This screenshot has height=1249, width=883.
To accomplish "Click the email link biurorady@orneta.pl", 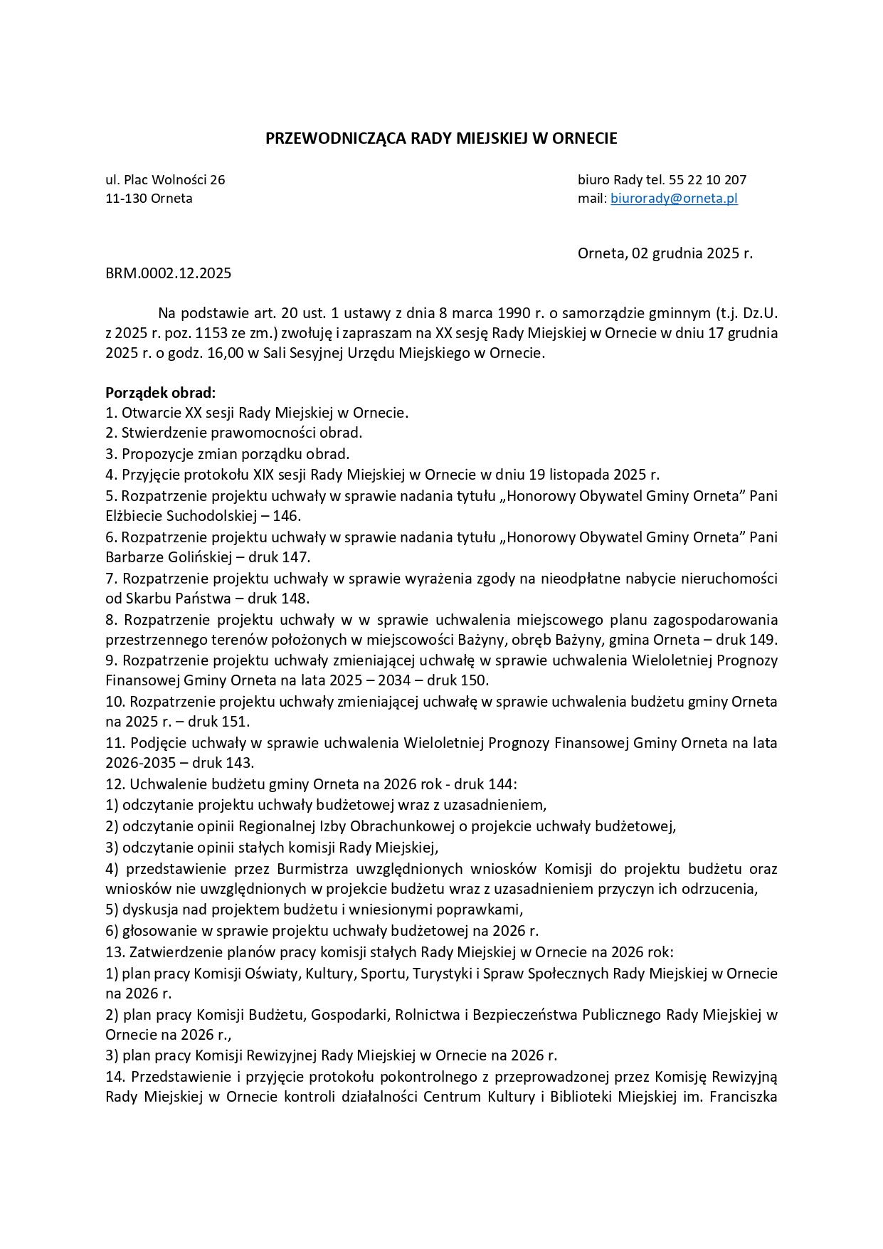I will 674,199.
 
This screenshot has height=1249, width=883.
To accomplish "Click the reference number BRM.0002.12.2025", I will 168,273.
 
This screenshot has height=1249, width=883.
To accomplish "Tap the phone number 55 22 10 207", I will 707,180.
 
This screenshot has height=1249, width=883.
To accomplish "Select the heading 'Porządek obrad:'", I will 160,393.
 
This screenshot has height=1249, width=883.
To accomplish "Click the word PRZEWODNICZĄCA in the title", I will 336,139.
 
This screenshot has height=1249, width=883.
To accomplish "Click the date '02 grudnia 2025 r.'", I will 692,253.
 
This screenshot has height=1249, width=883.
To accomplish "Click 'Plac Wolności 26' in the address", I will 174,180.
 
